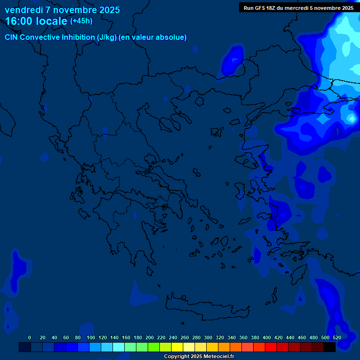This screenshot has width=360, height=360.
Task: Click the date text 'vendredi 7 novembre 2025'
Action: tap(62, 10)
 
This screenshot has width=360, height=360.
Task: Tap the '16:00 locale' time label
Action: tap(36, 22)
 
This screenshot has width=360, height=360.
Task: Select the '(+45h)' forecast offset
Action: tap(81, 21)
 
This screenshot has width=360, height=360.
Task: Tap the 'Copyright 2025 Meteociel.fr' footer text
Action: tap(199, 357)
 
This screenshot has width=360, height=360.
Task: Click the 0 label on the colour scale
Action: tap(30, 337)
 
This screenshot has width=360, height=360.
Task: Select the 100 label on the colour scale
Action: tap(90, 337)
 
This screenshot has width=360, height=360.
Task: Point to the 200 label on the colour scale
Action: tap(150, 337)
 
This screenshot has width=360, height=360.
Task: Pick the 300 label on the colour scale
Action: tap(208, 337)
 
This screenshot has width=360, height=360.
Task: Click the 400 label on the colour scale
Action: tap(267, 337)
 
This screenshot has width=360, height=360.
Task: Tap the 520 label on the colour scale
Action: tap(337, 337)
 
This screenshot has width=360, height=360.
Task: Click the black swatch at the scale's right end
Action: tap(330, 347)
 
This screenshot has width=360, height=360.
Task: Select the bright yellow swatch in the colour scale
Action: tap(177, 347)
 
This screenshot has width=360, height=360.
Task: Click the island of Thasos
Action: tap(199, 101)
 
